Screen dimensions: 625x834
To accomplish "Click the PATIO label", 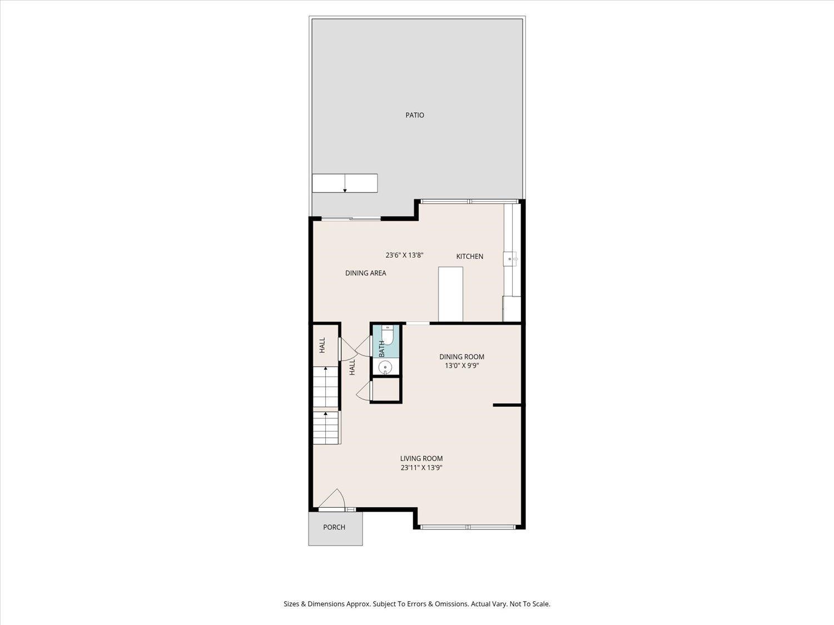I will click(415, 115).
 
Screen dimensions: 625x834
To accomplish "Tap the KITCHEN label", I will click(470, 256).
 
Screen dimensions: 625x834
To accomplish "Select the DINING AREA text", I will click(365, 273).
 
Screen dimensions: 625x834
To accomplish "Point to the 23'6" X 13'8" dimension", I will click(405, 256).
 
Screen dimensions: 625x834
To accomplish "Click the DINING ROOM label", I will click(461, 357).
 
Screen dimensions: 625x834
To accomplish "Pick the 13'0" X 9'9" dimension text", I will click(461, 366).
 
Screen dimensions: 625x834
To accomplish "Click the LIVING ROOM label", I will click(421, 458).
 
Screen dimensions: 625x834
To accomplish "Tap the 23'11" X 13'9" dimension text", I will click(421, 468).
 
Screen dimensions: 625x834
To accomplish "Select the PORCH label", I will click(334, 527).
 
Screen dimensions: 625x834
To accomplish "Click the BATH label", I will click(382, 349).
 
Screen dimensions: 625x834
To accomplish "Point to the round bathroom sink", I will click(385, 367).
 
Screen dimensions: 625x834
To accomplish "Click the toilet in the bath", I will click(388, 334).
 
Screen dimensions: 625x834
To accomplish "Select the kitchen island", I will click(450, 294).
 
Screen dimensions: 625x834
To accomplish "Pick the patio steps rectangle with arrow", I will click(345, 183).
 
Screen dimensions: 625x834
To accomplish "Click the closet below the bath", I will click(386, 390).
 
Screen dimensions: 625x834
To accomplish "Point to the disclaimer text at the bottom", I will click(417, 604).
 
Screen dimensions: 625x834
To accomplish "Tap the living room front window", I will click(468, 526).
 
